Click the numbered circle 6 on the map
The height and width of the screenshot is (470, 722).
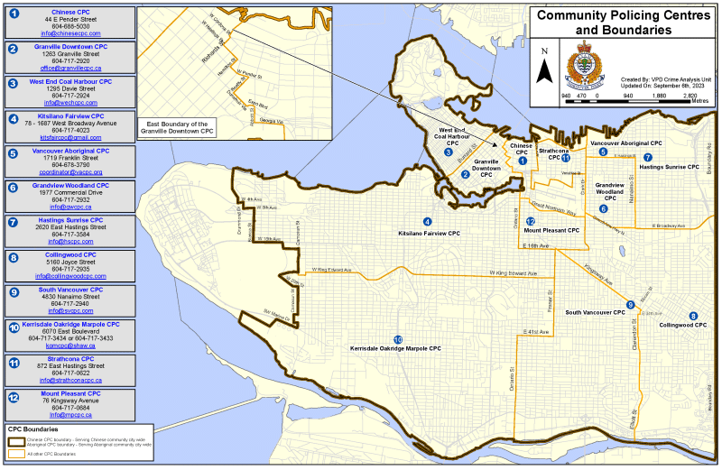603,209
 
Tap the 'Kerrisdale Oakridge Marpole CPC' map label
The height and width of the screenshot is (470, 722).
395,348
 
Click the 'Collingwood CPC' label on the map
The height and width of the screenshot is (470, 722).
681,325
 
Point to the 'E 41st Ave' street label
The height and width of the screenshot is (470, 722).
537,333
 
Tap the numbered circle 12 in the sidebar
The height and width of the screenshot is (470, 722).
14,397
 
